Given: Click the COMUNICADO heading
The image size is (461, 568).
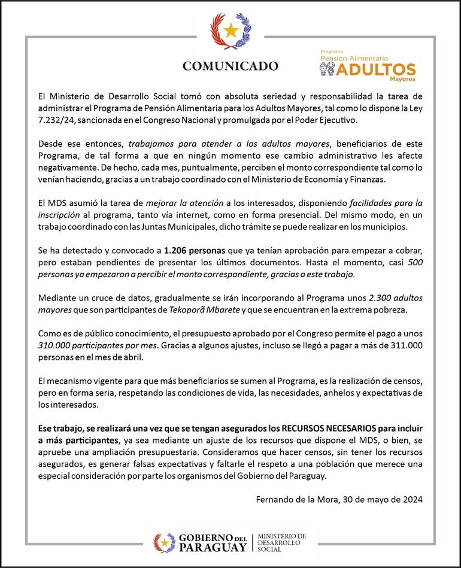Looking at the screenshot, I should tap(230, 66).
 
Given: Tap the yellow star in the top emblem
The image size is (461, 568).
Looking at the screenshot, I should tap(231, 29).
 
